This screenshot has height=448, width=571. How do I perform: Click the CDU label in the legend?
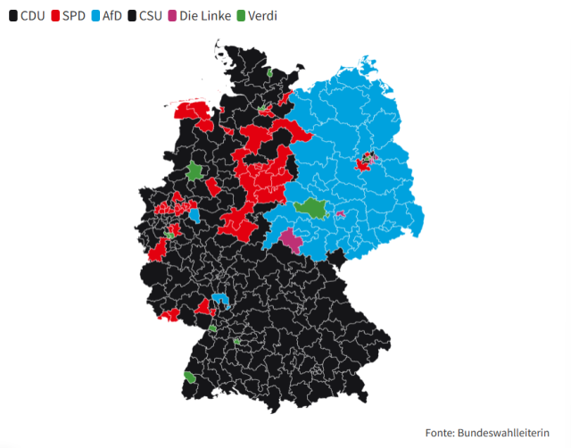32,16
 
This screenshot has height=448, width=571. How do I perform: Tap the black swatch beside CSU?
132,16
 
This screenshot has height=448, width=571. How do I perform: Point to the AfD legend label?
112,16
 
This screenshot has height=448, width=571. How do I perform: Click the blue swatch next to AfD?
95,16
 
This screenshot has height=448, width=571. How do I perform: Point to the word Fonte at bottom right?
440,433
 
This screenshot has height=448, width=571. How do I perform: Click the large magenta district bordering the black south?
291,241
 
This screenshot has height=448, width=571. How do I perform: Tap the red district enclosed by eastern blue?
363,163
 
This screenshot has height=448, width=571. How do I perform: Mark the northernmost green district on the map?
269,73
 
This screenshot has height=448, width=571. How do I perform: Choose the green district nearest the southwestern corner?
190,377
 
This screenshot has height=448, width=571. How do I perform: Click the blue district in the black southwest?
219,301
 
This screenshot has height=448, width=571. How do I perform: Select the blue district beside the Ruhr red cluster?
194,214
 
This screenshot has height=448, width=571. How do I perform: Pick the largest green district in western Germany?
194,170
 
